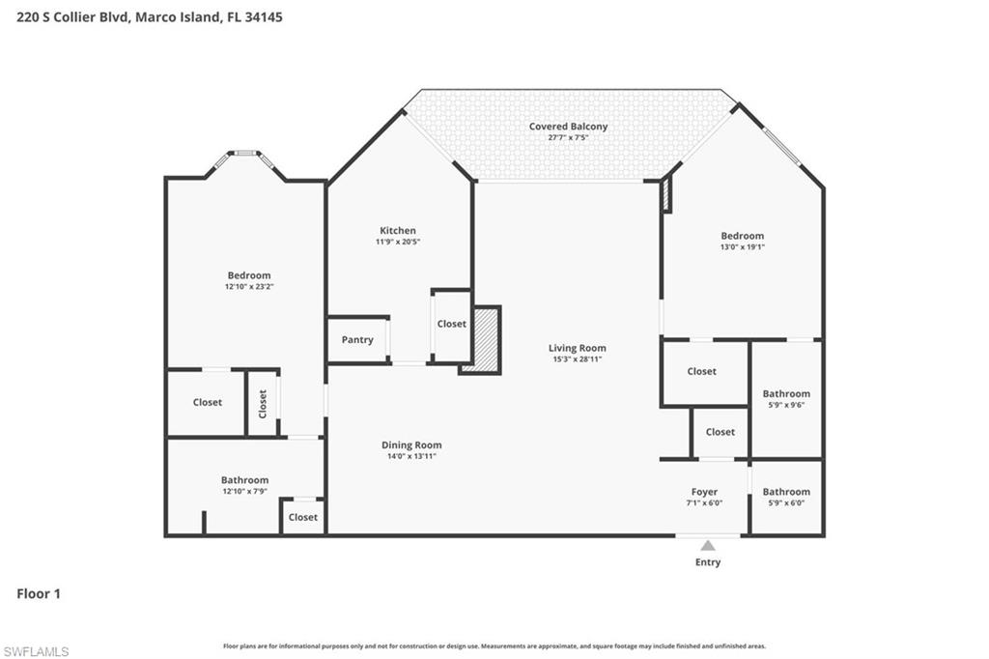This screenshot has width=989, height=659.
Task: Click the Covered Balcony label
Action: coord(568,127)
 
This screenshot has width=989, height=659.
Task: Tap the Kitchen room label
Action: coord(397,230)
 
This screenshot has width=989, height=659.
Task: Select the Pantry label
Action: coord(357,340)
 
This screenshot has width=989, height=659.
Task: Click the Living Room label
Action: coord(578,348)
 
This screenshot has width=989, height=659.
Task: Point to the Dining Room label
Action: coord(410,445)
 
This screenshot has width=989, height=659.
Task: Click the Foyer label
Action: coord(704,492)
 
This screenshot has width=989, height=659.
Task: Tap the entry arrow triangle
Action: coord(708,546)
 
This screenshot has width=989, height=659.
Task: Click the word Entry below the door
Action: coord(708,562)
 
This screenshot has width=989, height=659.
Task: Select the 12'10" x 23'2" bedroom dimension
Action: coord(249,287)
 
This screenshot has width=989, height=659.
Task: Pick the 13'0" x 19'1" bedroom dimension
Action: coord(742,247)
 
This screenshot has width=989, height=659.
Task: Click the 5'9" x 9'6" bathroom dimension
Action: coord(786,405)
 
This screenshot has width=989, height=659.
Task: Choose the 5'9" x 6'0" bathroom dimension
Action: coord(786,502)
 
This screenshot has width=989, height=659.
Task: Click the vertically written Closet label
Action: coord(263,403)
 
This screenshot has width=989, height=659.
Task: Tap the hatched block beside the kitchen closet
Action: coord(481,339)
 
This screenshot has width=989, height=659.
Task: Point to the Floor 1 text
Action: coord(39,594)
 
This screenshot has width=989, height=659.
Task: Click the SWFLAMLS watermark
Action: coord(36,651)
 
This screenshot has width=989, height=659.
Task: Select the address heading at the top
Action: coord(150,16)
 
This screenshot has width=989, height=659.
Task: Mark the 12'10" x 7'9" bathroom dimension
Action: coord(244,491)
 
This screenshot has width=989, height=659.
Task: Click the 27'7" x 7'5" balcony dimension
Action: coord(568,138)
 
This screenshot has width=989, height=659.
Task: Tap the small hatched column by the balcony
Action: coord(665,195)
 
